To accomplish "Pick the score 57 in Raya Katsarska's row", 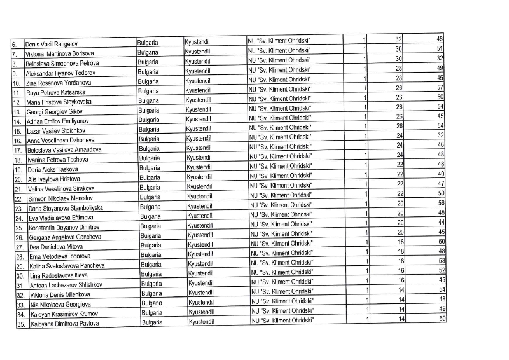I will tap(439, 88).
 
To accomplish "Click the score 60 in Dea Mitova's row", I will tap(440, 242).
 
